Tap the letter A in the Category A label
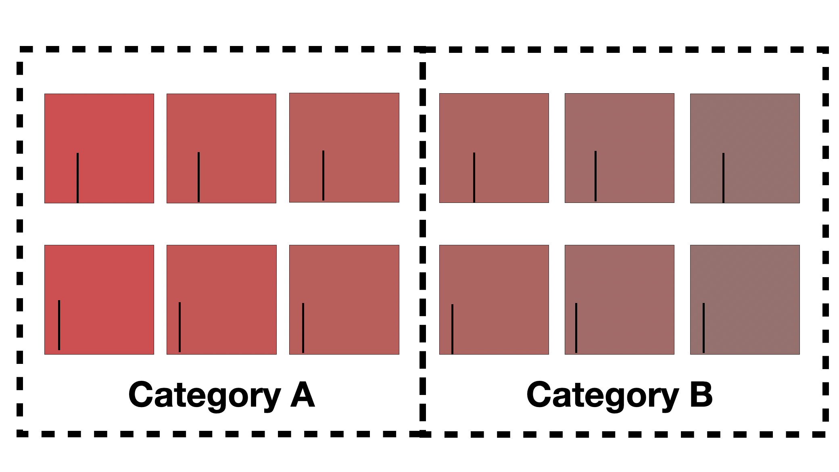[x=303, y=394]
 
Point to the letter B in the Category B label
[x=701, y=394]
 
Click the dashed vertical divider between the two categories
[x=423, y=242]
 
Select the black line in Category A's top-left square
[x=77, y=178]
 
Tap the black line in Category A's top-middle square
[x=198, y=177]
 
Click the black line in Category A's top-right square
[x=323, y=175]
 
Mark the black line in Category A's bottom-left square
[x=59, y=325]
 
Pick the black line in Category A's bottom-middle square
[x=179, y=327]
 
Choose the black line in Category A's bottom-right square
[x=303, y=328]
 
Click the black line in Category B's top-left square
[x=474, y=178]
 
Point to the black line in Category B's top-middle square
[x=595, y=176]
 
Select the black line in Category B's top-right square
[x=723, y=178]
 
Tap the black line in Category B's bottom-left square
[x=452, y=329]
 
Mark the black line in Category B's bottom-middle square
[x=576, y=328]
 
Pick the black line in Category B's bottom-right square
[x=703, y=328]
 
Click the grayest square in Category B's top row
[x=745, y=148]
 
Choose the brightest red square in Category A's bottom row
[x=99, y=300]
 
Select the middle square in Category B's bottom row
[x=620, y=300]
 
